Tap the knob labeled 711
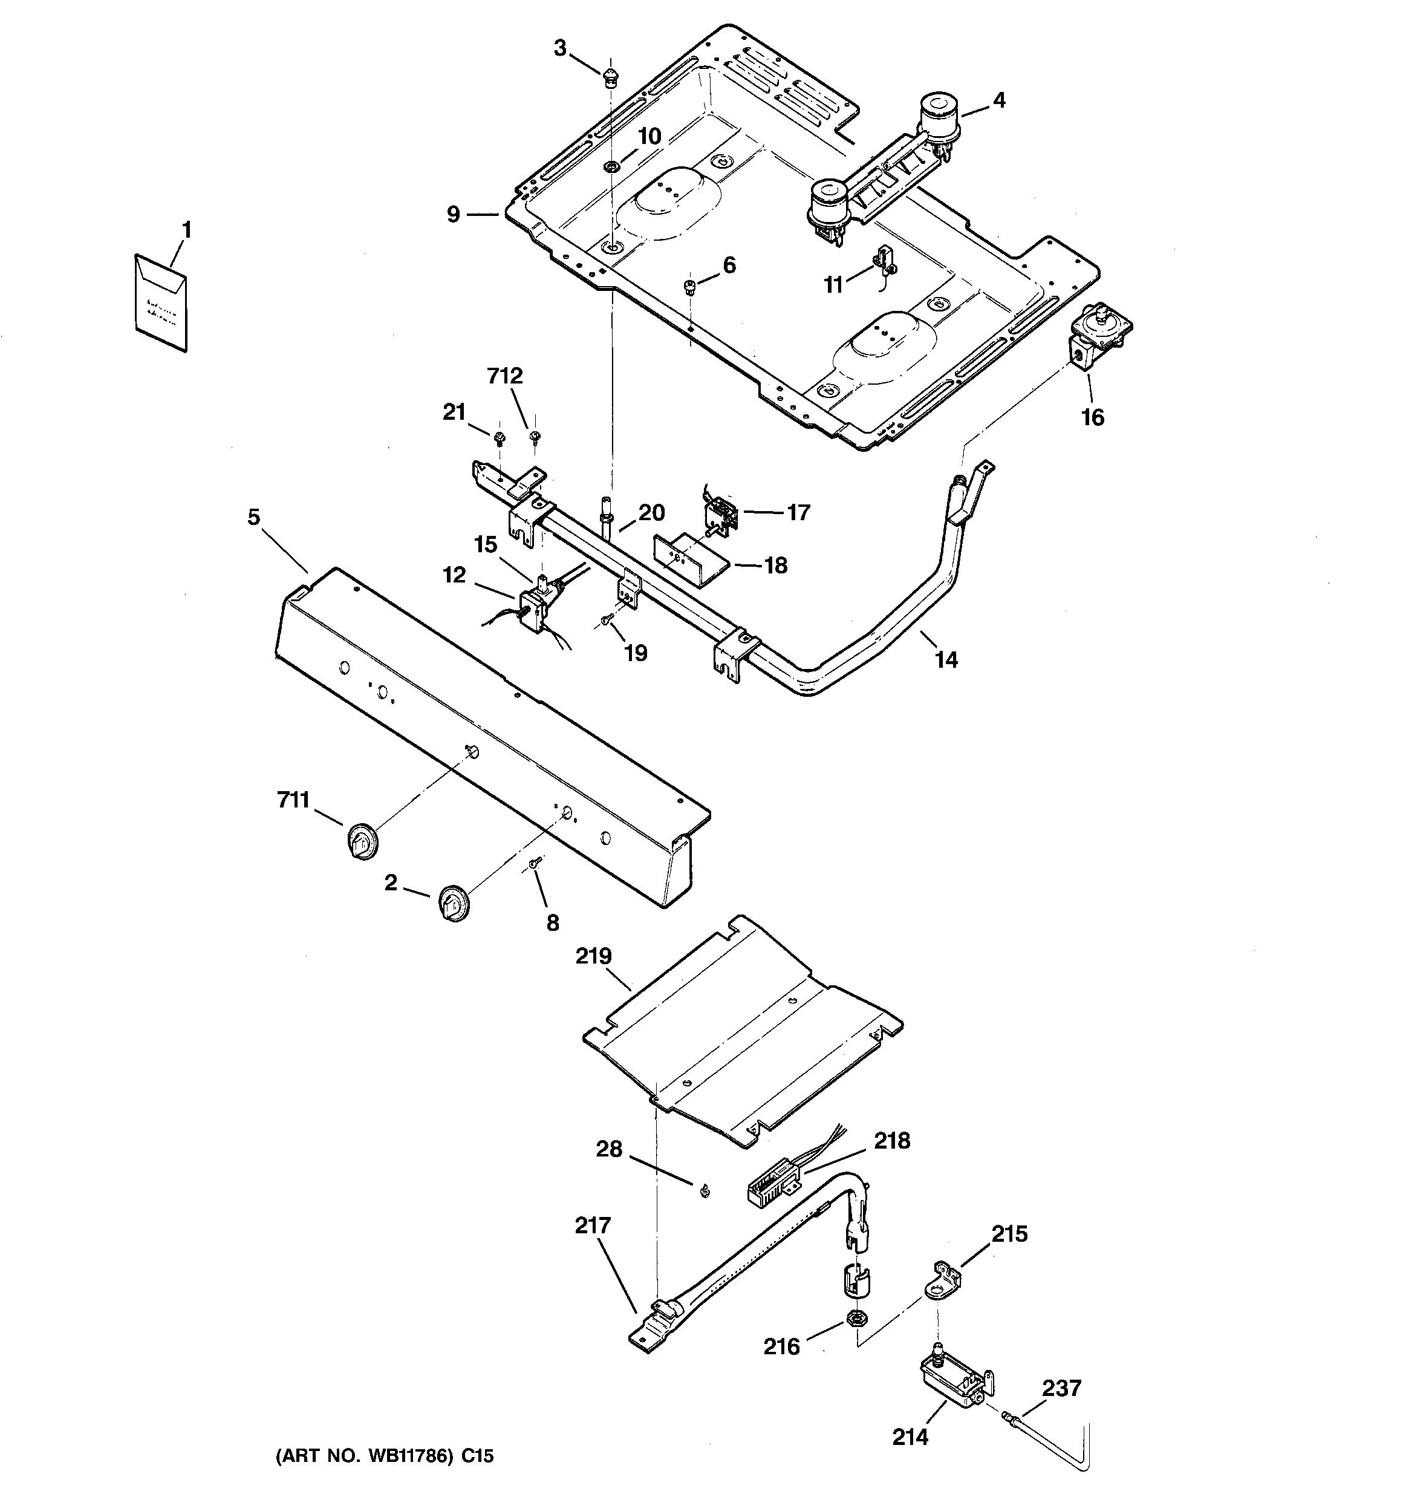362,841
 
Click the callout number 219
593,956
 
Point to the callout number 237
1061,1388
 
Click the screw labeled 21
498,437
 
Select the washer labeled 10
611,165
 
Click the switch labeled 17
721,514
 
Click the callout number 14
946,660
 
